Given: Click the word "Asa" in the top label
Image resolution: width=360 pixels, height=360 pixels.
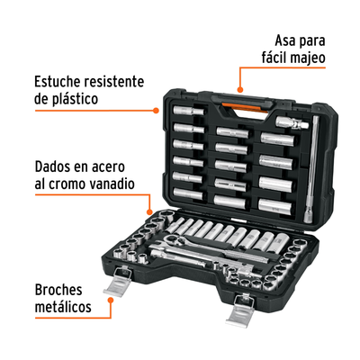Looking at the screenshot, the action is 285,40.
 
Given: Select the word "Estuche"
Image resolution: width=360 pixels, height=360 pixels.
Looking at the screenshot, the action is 58,82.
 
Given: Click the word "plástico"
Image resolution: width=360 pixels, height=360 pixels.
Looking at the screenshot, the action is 75,99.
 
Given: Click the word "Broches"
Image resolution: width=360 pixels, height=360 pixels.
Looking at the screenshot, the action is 58,290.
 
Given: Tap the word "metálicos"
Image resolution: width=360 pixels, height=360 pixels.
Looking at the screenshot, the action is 63,307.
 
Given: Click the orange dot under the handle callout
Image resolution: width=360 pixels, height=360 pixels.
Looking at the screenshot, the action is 240,89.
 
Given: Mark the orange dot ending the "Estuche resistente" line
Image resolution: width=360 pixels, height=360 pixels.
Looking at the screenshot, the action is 156,111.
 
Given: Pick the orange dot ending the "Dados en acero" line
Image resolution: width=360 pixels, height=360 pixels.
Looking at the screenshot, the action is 149,212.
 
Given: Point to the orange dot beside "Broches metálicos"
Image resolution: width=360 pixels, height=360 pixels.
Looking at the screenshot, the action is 111,300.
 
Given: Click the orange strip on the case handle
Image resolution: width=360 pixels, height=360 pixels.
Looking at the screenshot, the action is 245,107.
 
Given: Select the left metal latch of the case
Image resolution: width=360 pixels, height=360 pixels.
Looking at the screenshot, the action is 119,281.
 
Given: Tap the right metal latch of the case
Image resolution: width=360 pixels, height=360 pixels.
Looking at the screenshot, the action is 241,310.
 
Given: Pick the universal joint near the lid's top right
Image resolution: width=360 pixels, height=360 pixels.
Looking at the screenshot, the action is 292,123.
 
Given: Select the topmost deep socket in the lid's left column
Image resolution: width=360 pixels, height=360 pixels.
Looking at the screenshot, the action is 189,111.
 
